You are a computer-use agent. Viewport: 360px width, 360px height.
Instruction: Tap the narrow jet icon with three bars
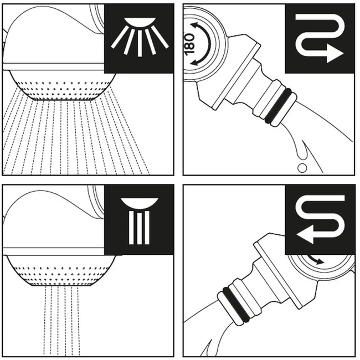tap(140, 218)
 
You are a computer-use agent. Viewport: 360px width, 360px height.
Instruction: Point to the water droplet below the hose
tap(301, 166)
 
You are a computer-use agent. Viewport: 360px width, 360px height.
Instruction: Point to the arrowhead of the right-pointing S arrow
tap(334, 55)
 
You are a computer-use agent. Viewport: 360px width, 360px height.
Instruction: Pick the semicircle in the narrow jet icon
tap(140, 200)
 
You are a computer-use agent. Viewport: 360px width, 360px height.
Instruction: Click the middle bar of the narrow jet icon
tap(140, 228)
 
